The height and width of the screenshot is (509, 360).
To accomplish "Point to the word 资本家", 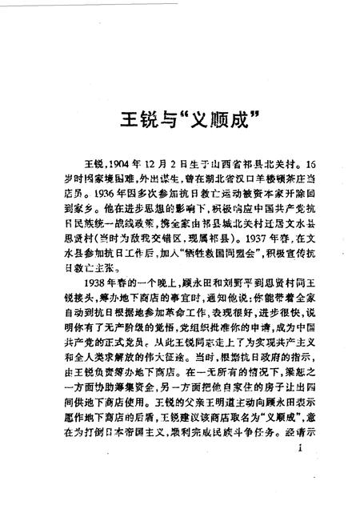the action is [242, 187].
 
